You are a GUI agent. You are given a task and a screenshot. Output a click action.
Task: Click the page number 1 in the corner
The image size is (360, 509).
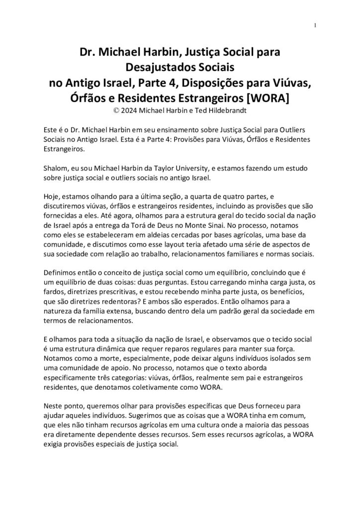point(316,25)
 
